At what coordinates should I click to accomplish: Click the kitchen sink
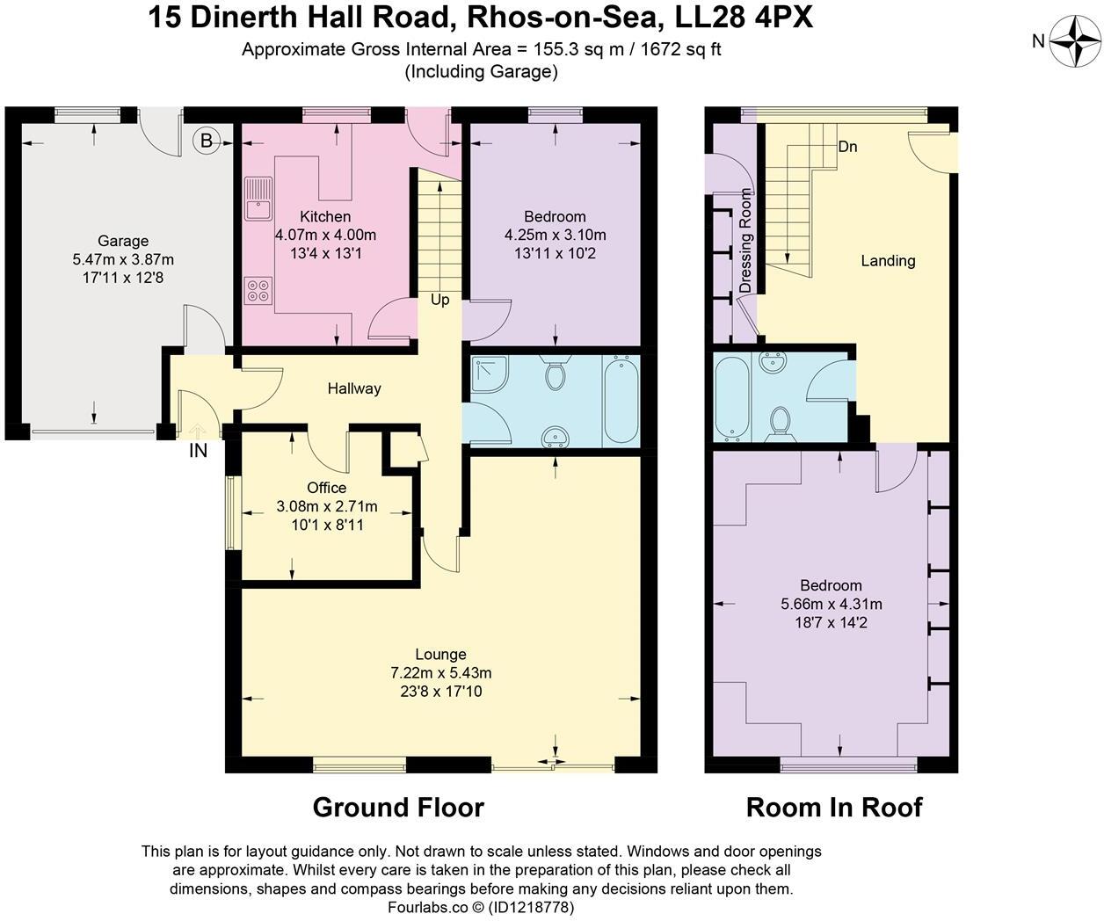(x=259, y=199)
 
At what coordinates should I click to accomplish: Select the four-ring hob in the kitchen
(x=258, y=290)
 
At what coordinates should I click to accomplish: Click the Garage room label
(x=123, y=241)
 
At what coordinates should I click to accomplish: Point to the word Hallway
(x=354, y=388)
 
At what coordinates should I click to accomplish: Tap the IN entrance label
(x=198, y=451)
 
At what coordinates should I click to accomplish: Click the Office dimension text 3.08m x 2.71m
(x=326, y=506)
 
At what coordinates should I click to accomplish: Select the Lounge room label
(x=440, y=654)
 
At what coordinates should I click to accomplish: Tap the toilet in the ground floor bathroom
(x=555, y=374)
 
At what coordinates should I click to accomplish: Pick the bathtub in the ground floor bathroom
(x=621, y=399)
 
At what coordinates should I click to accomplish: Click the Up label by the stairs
(x=439, y=300)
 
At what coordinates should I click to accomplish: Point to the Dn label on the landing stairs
(x=847, y=147)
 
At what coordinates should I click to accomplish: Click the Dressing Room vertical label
(x=746, y=240)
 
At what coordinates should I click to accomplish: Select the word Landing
(x=888, y=260)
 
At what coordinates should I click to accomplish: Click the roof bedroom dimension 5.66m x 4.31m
(x=831, y=604)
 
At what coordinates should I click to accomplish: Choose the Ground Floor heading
(x=398, y=807)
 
